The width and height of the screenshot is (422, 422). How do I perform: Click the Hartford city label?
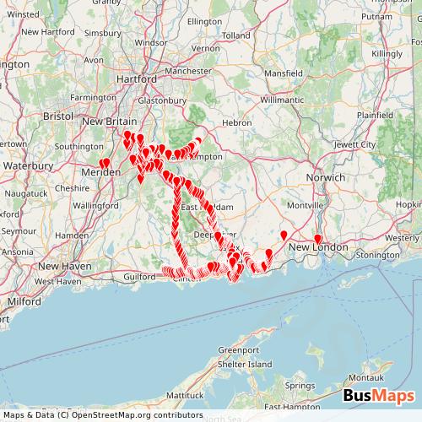coord(140,78)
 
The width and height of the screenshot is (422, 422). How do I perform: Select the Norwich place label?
coord(326,178)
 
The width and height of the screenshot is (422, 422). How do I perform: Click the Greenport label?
coord(239,349)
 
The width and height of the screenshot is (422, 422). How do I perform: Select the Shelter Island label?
coord(245,364)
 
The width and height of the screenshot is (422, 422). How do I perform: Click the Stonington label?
coord(377,253)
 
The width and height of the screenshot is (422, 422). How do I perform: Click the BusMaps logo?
coord(379,396)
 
